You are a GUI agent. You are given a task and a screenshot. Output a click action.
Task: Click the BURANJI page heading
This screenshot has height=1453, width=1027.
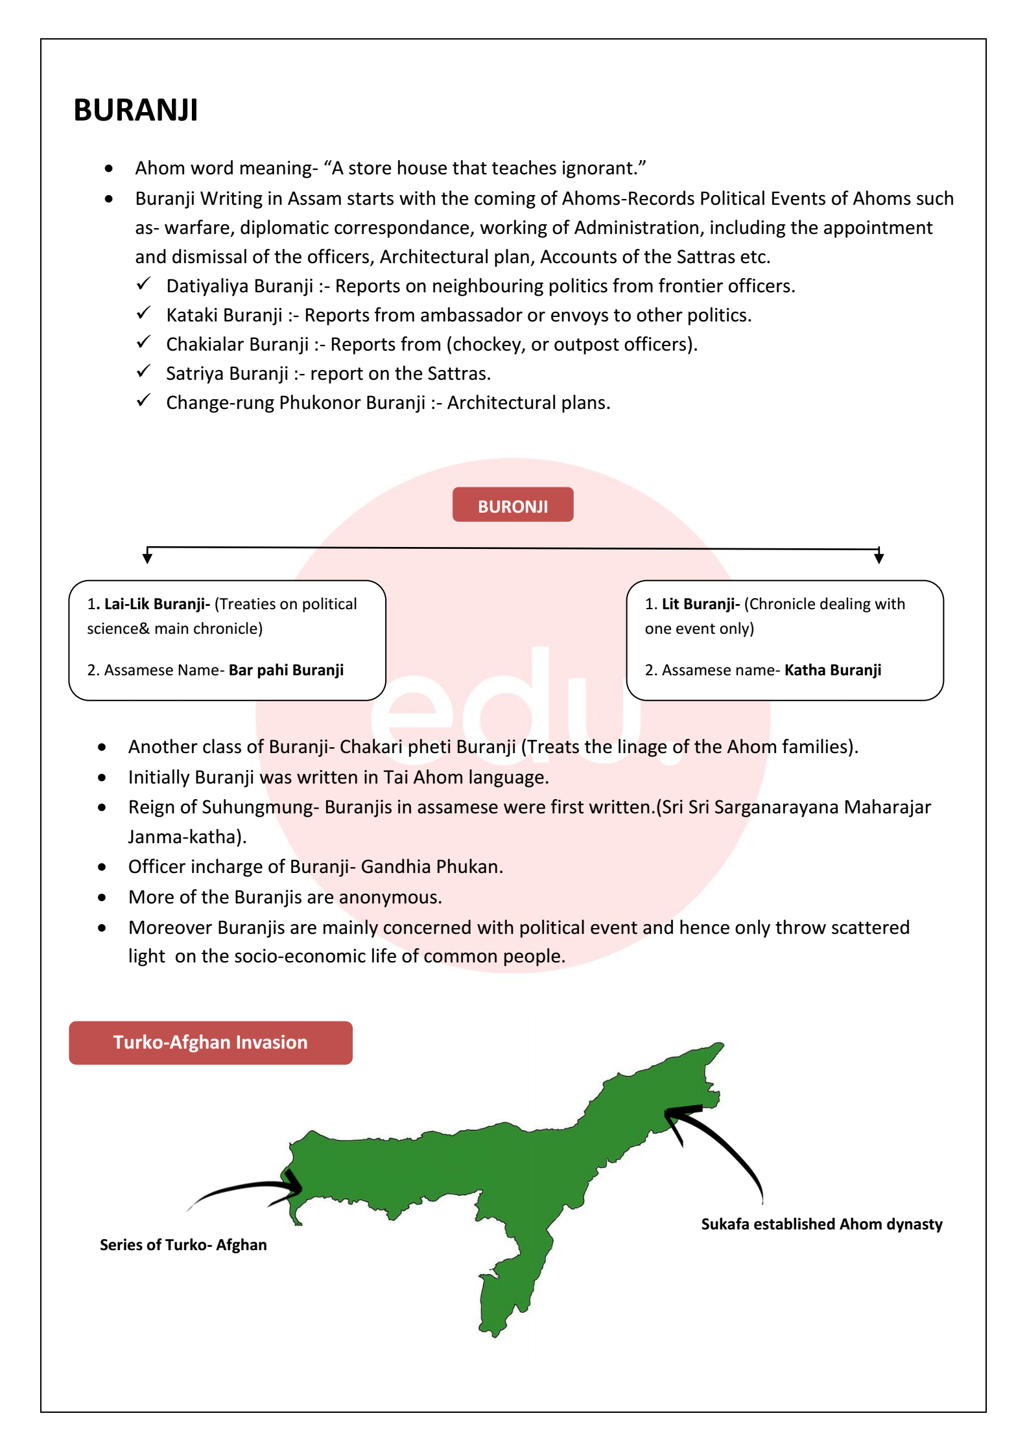tap(136, 110)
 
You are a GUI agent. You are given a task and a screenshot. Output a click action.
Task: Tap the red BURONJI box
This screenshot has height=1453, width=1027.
tap(512, 505)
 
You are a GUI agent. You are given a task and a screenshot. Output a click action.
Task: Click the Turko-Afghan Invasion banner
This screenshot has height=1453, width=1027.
tap(211, 1042)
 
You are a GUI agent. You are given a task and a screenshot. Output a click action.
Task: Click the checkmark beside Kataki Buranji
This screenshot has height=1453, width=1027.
tap(143, 313)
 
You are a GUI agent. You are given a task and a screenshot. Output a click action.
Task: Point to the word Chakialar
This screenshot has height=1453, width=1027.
tap(205, 344)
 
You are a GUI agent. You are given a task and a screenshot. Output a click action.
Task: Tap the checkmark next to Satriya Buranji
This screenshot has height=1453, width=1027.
tap(143, 371)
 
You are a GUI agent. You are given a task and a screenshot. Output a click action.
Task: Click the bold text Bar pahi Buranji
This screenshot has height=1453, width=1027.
tap(286, 670)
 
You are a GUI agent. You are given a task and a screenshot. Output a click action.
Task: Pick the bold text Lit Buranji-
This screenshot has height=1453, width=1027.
tap(700, 604)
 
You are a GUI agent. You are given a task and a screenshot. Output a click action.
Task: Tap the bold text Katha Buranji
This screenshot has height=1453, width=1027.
tap(832, 670)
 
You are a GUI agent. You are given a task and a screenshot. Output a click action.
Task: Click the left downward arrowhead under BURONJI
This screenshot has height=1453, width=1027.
tap(148, 557)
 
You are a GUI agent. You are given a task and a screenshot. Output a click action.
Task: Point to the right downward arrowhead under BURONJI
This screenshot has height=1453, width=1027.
tap(879, 557)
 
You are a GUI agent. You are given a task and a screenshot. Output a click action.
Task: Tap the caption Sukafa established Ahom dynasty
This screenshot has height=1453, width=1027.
tap(821, 1224)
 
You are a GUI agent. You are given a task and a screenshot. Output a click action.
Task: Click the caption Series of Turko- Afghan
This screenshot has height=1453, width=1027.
tap(183, 1244)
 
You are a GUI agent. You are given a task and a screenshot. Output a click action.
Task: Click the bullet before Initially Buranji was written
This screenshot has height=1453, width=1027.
tap(102, 777)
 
